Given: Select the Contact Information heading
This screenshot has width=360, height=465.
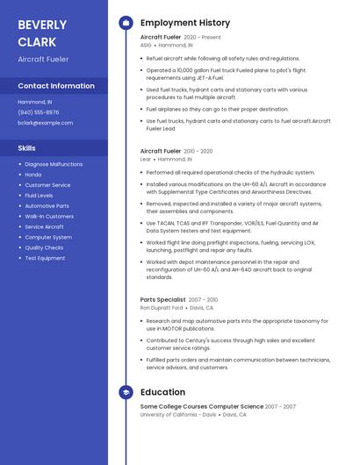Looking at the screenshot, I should tap(56, 86).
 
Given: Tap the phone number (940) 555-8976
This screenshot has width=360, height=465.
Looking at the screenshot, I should tap(39, 112).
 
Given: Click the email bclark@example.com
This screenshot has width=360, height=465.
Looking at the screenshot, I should tap(45, 123).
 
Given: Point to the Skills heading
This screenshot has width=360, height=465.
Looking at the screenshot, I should tap(26, 147).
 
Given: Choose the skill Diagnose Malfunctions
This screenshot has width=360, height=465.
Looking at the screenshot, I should tap(54, 164).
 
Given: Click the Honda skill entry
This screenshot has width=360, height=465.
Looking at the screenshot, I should tap(33, 175).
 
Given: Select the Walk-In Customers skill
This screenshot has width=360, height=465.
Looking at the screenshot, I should tap(49, 216).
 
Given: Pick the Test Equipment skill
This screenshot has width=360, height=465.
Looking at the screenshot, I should tap(45, 258).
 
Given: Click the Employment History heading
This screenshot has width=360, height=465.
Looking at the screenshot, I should tap(185, 23).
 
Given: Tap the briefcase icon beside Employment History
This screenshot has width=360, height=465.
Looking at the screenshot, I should tap(126, 23).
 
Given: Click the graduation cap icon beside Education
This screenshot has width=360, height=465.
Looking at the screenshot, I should tap(126, 392).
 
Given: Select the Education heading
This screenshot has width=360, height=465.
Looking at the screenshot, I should tap(162, 392).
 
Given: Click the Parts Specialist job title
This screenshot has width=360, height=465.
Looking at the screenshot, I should tap(162, 299).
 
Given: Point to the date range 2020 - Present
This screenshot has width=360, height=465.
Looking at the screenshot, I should tap(203, 38).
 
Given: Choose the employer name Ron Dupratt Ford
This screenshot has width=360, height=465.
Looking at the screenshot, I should tap(162, 308).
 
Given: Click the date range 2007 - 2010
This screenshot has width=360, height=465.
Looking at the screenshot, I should tap(203, 299).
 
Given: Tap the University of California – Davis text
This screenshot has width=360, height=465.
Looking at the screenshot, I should tap(180, 414).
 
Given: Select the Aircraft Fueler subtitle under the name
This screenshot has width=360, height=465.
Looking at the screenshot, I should tap(43, 59).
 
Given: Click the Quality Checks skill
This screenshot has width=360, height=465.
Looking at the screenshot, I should tap(44, 247).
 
